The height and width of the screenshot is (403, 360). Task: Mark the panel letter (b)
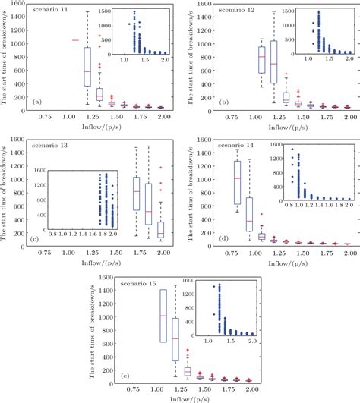pyautogui.click(x=223, y=100)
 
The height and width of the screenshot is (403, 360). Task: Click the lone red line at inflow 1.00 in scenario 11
pyautogui.click(x=74, y=39)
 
